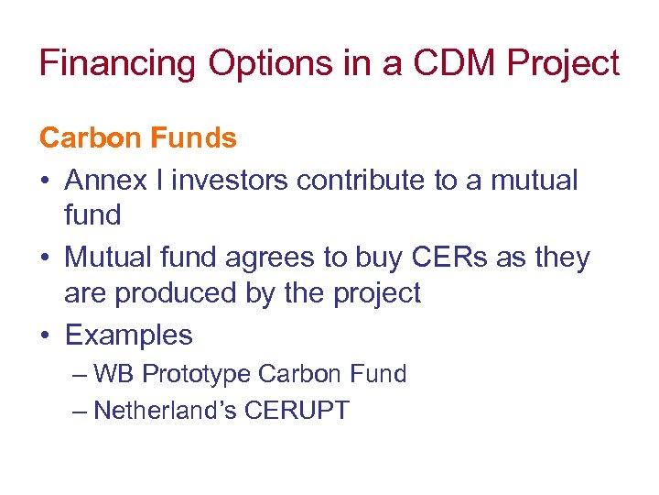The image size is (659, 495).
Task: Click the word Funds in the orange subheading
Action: [193, 138]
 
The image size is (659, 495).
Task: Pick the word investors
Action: [232, 180]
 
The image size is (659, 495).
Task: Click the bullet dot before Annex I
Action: [45, 181]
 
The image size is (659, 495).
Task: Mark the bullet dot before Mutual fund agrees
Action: [45, 258]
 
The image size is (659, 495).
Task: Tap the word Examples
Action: [129, 335]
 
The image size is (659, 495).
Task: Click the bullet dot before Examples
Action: [45, 336]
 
